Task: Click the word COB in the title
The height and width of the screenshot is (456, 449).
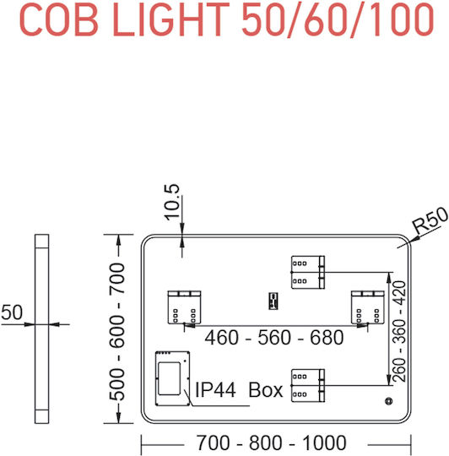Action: [x=58, y=19]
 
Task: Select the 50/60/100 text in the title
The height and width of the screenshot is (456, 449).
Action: [x=338, y=19]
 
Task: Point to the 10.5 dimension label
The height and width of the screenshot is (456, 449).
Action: [x=172, y=202]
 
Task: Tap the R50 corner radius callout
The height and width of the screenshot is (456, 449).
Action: [x=430, y=220]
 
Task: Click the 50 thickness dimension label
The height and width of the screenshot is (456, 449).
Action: [x=12, y=312]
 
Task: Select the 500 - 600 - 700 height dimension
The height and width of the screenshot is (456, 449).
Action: [x=116, y=331]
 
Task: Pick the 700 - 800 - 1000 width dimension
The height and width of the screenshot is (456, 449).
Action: [x=272, y=442]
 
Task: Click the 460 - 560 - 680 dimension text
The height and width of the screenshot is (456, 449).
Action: [x=274, y=337]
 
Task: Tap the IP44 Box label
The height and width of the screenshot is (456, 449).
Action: [x=239, y=389]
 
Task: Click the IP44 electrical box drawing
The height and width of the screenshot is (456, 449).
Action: [x=173, y=378]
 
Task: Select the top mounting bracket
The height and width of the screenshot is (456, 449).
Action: [x=308, y=272]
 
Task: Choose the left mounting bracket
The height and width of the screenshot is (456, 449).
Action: [x=185, y=307]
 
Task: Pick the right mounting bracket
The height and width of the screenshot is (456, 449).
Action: [x=368, y=307]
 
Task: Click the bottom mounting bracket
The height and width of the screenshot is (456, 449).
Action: [x=308, y=386]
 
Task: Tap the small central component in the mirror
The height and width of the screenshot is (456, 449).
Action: [x=273, y=301]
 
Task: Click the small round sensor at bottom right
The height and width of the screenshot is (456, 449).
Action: [x=388, y=401]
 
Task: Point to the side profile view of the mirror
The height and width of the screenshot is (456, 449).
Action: [x=42, y=328]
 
